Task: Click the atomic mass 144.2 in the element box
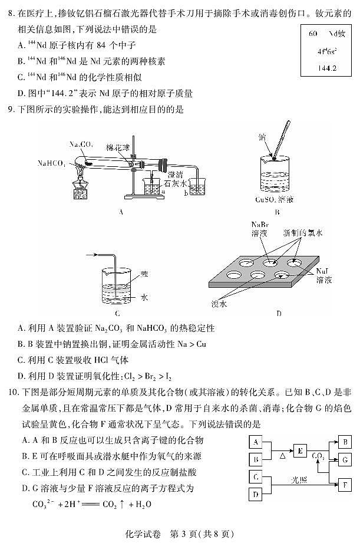coord(326,68)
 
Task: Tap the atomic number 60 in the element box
coord(313,34)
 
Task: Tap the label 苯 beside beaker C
coord(144,275)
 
